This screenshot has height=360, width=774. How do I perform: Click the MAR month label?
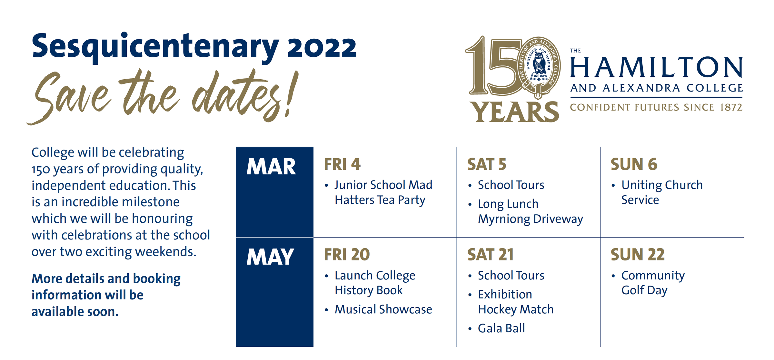(271, 167)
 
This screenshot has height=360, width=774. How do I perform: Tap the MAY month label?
(270, 257)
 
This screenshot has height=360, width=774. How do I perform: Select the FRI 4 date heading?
(342, 164)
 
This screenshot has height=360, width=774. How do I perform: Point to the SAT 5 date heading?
(487, 164)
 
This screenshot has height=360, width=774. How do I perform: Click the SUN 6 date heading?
(634, 164)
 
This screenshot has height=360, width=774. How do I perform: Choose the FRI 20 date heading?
(347, 255)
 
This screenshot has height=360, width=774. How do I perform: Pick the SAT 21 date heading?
(491, 255)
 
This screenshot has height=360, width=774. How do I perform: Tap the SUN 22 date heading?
(638, 255)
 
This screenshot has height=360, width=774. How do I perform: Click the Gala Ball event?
(501, 328)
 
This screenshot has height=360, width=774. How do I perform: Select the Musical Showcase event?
(383, 309)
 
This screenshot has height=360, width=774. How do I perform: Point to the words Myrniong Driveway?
(531, 219)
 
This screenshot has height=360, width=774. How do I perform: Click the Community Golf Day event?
(653, 283)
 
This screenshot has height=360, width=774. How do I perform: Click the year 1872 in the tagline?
(731, 107)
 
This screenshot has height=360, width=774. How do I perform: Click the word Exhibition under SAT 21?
(505, 295)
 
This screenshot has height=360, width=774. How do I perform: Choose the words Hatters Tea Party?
(380, 200)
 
